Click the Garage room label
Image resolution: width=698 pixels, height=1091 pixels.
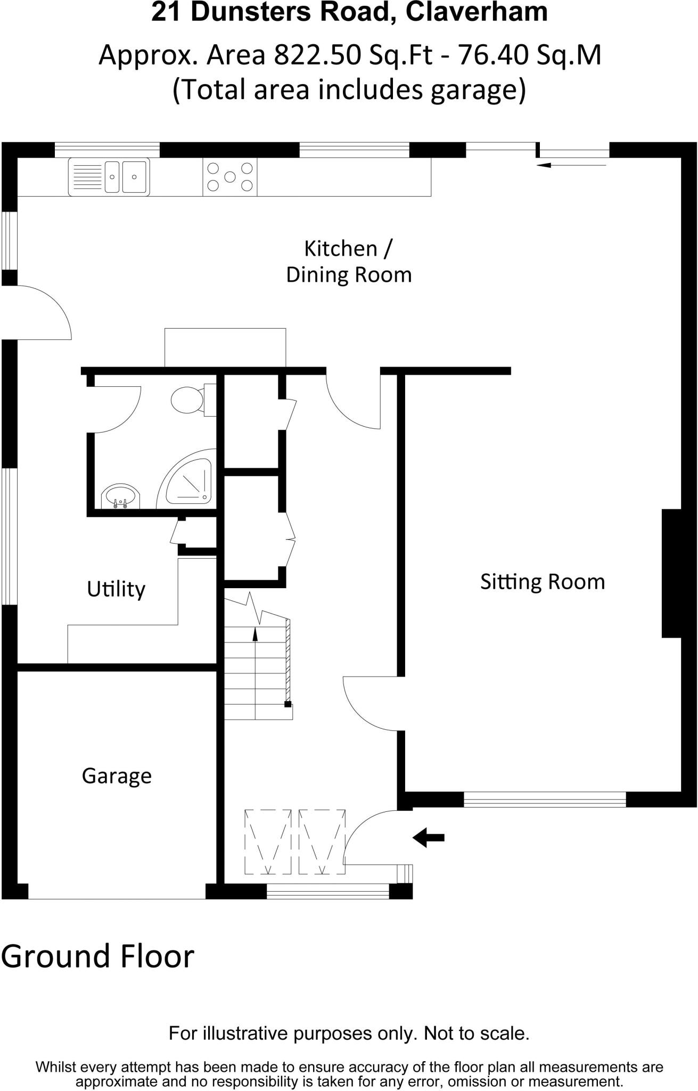coord(117,776)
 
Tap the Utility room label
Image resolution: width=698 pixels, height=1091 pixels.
coord(116,589)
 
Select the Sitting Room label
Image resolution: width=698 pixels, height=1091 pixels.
coord(542,582)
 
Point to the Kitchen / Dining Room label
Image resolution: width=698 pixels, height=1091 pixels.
coord(349,262)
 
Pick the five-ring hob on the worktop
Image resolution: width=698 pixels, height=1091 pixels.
coord(229,177)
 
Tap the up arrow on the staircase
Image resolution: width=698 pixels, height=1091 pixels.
coord(254,634)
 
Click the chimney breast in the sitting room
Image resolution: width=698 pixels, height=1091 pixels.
coord(671,573)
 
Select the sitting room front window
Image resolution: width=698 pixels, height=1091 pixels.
coord(545,799)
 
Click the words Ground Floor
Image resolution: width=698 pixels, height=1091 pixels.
coord(97,956)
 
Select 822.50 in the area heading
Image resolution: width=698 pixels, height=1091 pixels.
coord(317,55)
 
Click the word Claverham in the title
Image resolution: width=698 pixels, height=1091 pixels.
coord(477,12)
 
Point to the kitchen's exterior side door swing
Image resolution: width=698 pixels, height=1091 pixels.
coord(43,312)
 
